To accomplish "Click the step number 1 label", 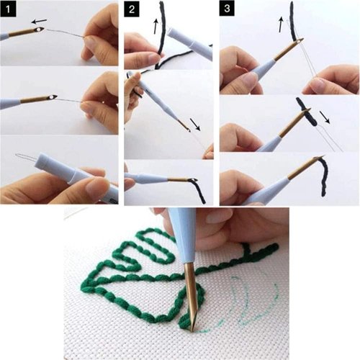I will point(9,9).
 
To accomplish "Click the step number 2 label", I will point(132,9).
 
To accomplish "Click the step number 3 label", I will point(228,9).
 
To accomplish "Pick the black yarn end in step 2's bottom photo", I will point(198,190).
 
